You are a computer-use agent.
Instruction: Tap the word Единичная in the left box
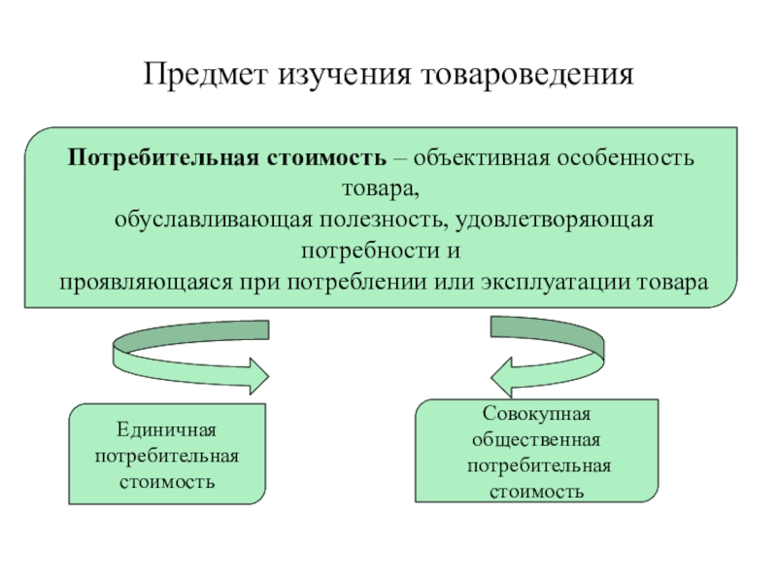point(166,429)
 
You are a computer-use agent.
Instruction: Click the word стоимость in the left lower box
point(166,481)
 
